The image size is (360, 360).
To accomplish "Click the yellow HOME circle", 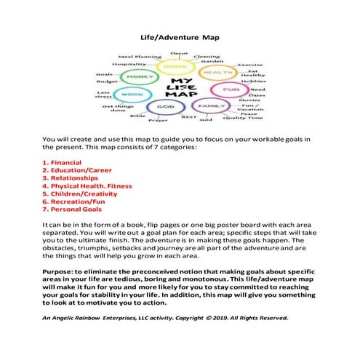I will [176, 66].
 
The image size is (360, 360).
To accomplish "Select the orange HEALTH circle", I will [216, 73].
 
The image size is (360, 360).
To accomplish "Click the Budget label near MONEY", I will [106, 82].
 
